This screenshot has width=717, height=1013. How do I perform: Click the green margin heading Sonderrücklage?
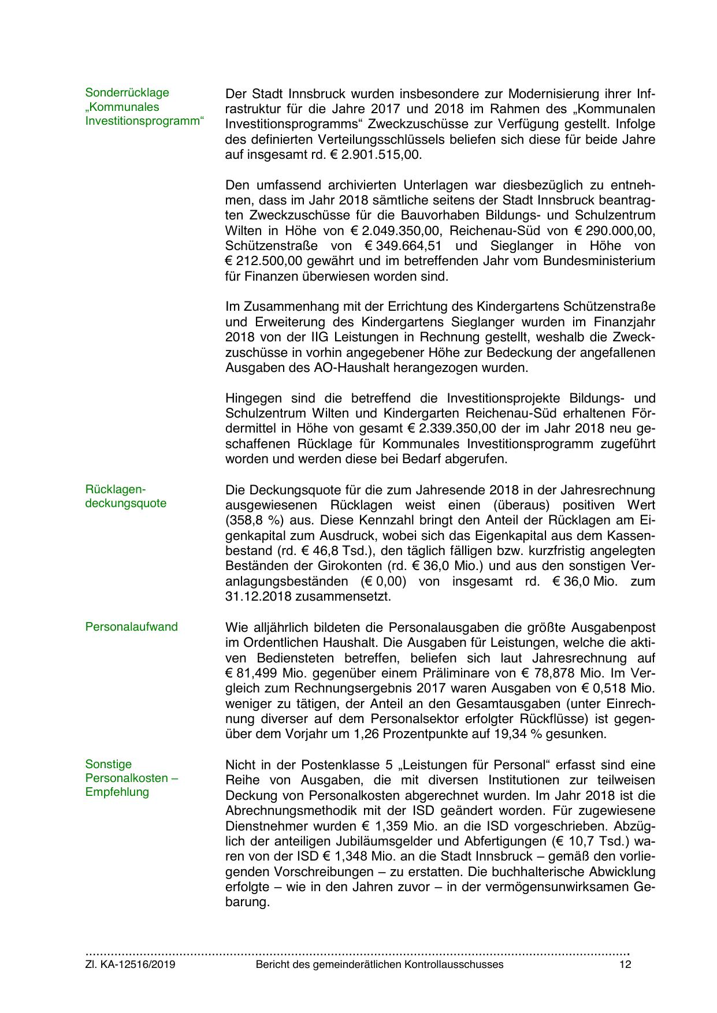tap(127, 92)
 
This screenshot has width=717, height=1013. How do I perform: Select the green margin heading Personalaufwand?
tap(131, 627)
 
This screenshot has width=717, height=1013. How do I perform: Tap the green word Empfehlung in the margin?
tap(117, 792)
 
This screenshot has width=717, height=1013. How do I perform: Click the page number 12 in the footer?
tap(625, 964)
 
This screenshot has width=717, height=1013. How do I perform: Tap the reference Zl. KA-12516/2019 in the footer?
tap(131, 964)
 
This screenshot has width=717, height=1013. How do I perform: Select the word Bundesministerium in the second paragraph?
tap(599, 260)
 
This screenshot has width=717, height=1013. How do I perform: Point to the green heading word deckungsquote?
tap(126, 503)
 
